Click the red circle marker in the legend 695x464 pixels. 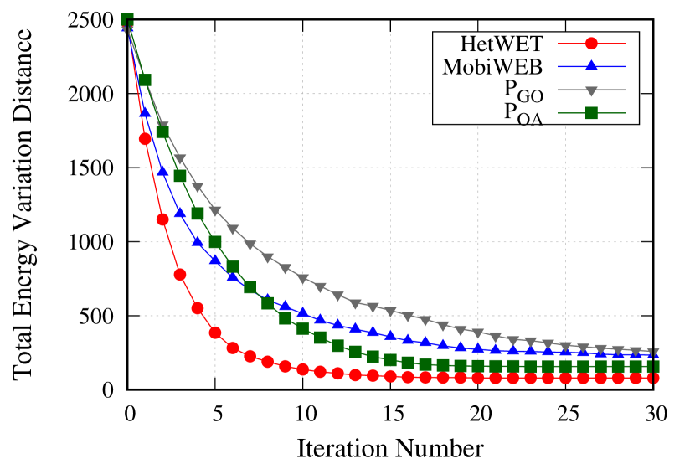[591, 44]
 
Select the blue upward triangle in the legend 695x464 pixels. [591, 65]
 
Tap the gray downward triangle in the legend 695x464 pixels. [591, 90]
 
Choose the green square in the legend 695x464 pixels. [591, 113]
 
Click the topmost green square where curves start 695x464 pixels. [127, 20]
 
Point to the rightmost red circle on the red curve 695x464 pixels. [653, 378]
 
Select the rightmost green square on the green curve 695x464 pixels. [653, 366]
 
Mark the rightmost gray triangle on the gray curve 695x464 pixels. [653, 353]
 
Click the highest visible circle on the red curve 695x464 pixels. [145, 139]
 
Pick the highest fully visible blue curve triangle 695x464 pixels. [145, 111]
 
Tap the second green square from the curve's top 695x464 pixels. [145, 80]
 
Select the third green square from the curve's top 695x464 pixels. [162, 131]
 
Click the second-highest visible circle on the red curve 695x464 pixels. [162, 219]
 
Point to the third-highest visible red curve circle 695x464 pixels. [180, 275]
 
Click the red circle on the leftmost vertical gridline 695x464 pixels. [215, 333]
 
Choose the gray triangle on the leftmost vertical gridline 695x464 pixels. [215, 211]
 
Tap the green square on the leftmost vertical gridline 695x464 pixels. [215, 242]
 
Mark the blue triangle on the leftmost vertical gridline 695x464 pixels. [215, 260]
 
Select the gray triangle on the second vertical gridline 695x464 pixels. [303, 279]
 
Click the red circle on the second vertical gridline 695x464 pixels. [303, 369]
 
